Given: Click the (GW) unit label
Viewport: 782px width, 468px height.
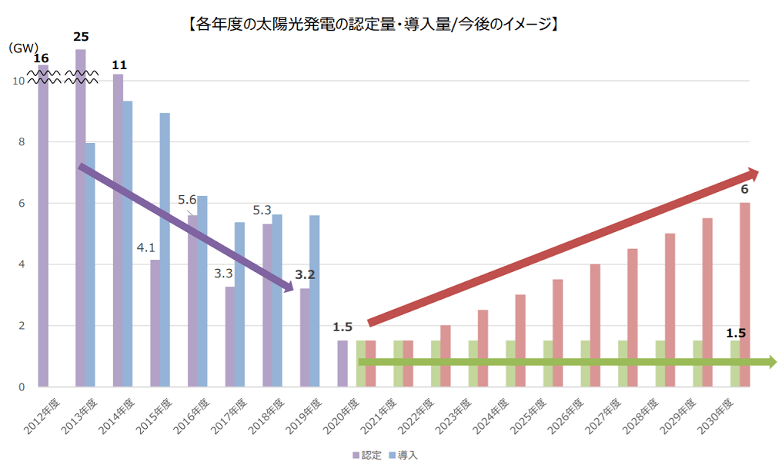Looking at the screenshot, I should [24, 48].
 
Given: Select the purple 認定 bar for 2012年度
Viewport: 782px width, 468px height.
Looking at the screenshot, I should [43, 231].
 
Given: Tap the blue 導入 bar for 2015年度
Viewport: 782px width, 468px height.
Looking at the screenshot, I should [165, 250].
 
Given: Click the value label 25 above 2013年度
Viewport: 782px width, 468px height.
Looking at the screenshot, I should [81, 37].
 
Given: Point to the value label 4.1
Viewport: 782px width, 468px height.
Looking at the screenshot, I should [145, 248].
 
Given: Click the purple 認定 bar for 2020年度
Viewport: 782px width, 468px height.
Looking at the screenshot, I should [343, 363].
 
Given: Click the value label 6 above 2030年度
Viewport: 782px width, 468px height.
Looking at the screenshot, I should [744, 189].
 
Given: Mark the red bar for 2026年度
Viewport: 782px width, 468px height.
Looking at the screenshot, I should [595, 325].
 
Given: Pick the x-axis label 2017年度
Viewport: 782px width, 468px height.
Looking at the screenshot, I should [231, 415].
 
